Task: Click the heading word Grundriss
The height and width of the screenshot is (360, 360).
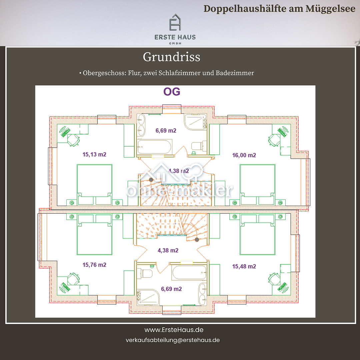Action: pyautogui.click(x=172, y=57)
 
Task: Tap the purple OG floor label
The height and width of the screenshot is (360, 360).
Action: pyautogui.click(x=172, y=92)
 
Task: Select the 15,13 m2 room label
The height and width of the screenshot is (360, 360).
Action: pyautogui.click(x=94, y=154)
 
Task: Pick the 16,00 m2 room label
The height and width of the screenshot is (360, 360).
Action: pyautogui.click(x=244, y=155)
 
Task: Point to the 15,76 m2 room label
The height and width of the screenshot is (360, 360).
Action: pyautogui.click(x=94, y=265)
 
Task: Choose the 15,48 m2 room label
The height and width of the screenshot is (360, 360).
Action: pyautogui.click(x=244, y=266)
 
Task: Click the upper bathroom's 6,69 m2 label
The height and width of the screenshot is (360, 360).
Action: pyautogui.click(x=166, y=130)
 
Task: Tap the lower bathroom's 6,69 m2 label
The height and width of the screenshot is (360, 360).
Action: pyautogui.click(x=171, y=289)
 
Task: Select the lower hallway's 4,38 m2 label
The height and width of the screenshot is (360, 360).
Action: pyautogui.click(x=168, y=250)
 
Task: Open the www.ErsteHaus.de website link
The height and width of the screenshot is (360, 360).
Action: pyautogui.click(x=174, y=330)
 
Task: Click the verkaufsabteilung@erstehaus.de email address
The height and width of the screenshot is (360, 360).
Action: pyautogui.click(x=173, y=340)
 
